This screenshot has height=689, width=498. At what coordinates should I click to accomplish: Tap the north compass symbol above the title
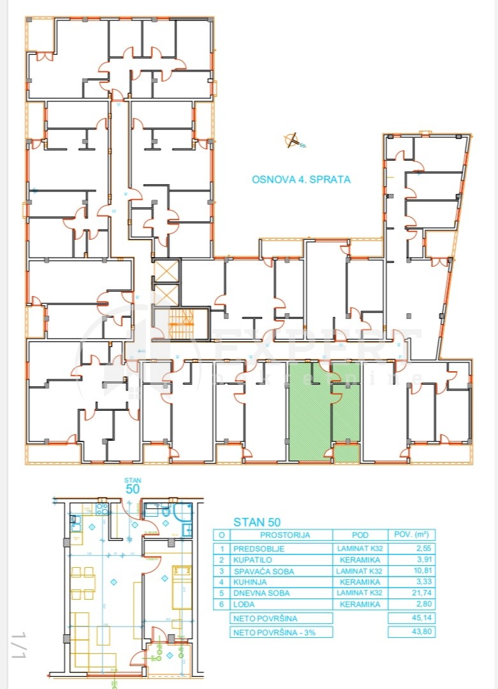(293, 140)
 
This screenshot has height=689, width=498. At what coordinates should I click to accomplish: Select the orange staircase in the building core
(185, 323)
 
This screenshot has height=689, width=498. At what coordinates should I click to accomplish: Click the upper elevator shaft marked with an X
(166, 270)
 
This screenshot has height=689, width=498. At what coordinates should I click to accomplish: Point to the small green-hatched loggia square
(346, 454)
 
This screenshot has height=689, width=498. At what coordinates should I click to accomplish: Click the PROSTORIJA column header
(284, 535)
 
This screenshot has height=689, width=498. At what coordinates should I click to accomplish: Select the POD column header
(360, 535)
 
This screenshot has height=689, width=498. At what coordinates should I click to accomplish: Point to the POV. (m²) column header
(411, 535)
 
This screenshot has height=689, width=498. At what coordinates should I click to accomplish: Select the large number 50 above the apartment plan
(133, 489)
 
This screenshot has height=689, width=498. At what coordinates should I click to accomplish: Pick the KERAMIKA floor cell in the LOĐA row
(360, 604)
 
